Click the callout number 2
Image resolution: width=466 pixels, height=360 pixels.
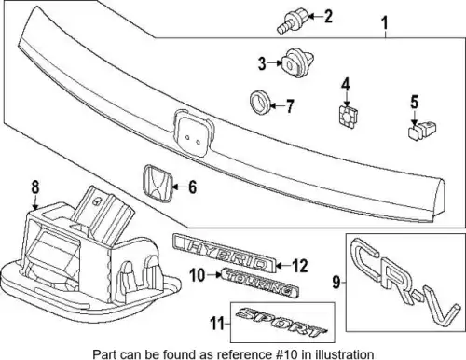pyautogui.click(x=328, y=16)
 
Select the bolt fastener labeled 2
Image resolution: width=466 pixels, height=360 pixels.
pyautogui.click(x=292, y=20)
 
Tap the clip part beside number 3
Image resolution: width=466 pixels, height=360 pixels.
pyautogui.click(x=297, y=62)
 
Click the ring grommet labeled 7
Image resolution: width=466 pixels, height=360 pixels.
pyautogui.click(x=260, y=103)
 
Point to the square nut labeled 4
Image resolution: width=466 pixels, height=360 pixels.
pyautogui.click(x=348, y=117)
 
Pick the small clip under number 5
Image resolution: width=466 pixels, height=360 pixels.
pyautogui.click(x=421, y=130)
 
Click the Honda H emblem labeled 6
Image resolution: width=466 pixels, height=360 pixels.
pyautogui.click(x=158, y=184)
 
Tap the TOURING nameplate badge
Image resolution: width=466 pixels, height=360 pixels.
pyautogui.click(x=260, y=283)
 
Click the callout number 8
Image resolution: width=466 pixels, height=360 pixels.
pyautogui.click(x=35, y=187)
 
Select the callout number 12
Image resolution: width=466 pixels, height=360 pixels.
pyautogui.click(x=299, y=266)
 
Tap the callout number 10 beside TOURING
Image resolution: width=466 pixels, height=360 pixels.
pyautogui.click(x=199, y=275)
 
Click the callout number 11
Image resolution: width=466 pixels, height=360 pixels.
pyautogui.click(x=218, y=324)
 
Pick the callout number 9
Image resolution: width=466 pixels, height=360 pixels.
pyautogui.click(x=336, y=283)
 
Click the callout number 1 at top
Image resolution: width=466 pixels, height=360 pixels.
pyautogui.click(x=385, y=23)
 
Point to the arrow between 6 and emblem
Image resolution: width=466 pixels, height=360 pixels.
pyautogui.click(x=179, y=187)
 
